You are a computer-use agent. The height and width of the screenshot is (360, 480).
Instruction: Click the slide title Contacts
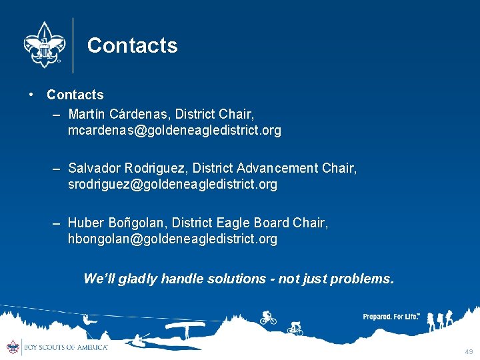coord(132,45)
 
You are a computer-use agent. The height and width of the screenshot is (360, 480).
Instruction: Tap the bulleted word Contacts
coord(75,95)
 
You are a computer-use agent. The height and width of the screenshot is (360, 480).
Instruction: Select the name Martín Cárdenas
coord(111,114)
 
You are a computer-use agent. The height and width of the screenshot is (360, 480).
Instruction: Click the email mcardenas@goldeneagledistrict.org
coord(174,130)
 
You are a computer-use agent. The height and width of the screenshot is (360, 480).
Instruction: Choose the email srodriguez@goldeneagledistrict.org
coord(172,184)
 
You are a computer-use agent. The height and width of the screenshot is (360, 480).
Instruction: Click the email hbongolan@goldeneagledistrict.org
coord(172,239)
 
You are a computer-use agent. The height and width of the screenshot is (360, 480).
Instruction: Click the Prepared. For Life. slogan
coord(391,317)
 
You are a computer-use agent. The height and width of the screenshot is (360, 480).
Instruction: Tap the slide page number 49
coord(469,351)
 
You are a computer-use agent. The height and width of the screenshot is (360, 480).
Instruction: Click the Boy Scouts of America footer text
coord(65,347)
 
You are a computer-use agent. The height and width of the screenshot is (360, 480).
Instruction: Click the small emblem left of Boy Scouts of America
coord(13,347)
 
